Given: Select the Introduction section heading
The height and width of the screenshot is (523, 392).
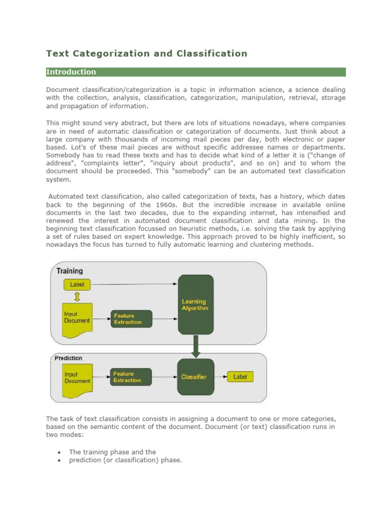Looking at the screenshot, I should click(71, 72).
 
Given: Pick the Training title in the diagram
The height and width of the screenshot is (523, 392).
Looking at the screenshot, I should click(69, 271).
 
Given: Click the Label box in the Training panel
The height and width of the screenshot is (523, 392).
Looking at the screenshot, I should click(77, 284).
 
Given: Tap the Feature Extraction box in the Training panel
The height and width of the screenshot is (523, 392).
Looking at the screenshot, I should click(131, 319).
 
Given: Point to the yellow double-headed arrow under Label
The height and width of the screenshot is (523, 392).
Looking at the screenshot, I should click(77, 297).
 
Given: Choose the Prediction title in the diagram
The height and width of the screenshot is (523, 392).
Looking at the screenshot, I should click(68, 358).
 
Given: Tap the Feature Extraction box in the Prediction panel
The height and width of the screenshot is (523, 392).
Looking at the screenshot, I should click(131, 377).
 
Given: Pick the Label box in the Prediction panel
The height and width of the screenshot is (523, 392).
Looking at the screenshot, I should click(240, 377).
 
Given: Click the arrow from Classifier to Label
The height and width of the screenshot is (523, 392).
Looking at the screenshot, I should click(220, 377).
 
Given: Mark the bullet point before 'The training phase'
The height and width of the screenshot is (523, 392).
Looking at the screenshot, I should click(60, 453).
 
